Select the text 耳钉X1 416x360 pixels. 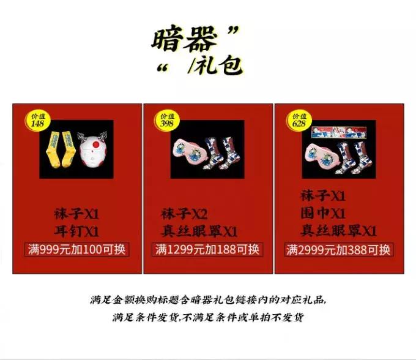(x=76, y=231)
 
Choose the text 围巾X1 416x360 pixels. (x=323, y=213)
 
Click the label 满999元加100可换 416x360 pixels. (x=77, y=250)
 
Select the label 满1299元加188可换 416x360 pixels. (x=207, y=250)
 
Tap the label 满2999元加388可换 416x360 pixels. (x=338, y=250)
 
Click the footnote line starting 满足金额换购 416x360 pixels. (x=207, y=301)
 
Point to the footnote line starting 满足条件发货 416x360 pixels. (x=207, y=317)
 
